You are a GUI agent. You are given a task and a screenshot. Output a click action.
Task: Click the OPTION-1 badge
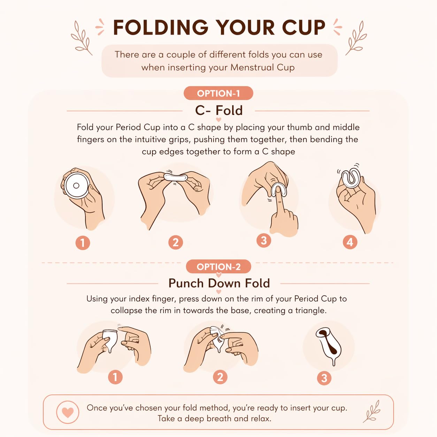(218, 93)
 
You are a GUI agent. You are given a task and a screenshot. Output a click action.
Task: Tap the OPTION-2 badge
(219, 267)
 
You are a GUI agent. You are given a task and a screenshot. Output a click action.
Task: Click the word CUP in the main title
(304, 28)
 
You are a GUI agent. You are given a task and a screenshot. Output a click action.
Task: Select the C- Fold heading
(219, 110)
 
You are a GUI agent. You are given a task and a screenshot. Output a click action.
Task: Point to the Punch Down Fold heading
(219, 283)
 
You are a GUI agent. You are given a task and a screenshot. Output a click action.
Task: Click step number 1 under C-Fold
(83, 243)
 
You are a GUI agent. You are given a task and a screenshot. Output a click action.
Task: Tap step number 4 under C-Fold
(350, 242)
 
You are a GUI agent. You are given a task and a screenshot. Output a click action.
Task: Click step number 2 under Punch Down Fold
(220, 377)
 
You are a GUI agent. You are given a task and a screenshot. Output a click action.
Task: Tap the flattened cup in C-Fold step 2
(176, 177)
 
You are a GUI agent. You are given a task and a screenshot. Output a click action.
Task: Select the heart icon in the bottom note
(68, 412)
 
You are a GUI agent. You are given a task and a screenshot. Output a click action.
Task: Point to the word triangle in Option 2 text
(310, 310)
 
